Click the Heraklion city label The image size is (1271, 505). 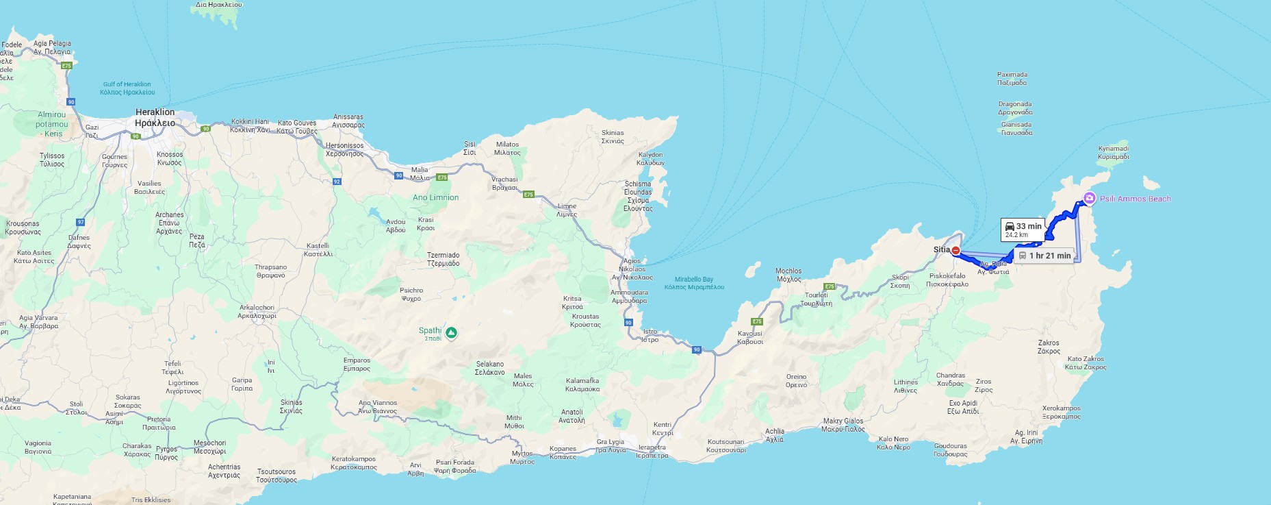(155, 117)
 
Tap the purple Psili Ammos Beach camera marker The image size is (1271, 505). (1089, 199)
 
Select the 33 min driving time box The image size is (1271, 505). (1023, 230)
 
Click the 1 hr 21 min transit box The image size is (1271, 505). (1044, 256)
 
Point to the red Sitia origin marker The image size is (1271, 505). (955, 250)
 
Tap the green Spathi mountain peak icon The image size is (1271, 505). (451, 333)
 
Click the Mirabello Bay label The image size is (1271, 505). (693, 283)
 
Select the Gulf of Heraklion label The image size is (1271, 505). (127, 88)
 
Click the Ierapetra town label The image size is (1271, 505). (652, 452)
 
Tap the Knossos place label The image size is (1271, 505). (170, 158)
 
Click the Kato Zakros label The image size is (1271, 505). (1086, 362)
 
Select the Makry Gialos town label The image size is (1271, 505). (843, 425)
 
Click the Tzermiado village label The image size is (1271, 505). (443, 259)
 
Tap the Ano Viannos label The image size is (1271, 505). (377, 407)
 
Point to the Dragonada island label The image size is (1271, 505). (1015, 108)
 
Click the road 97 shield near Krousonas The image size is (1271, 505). (81, 222)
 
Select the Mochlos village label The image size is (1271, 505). (788, 275)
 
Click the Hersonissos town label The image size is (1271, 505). (344, 149)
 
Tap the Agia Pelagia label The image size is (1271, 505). (52, 47)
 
